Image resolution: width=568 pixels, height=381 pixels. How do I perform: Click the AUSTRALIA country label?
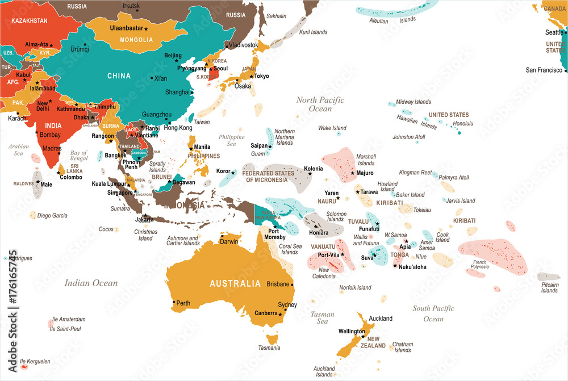point(235,283)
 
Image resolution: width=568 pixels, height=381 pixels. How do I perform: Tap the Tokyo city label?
point(261,76)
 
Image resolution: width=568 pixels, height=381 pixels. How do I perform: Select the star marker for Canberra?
point(280,313)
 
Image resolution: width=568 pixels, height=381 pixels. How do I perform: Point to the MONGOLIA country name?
point(136,40)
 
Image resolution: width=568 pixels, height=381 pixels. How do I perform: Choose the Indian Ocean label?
point(91,283)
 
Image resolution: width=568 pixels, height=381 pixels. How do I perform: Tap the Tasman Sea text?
point(322,317)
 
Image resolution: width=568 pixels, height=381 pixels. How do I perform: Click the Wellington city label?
point(351,331)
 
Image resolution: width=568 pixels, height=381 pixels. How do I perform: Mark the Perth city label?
point(183,303)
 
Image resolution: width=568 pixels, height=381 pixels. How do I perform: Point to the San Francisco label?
point(544,70)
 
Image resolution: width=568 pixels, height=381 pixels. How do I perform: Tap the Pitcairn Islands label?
point(549,287)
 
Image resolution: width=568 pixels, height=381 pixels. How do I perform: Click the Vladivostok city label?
point(244,45)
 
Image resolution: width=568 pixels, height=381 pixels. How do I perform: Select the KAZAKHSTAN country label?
point(28,20)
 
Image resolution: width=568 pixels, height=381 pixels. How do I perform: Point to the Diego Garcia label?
point(52,215)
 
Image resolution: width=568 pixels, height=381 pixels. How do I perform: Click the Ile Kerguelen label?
point(35,361)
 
